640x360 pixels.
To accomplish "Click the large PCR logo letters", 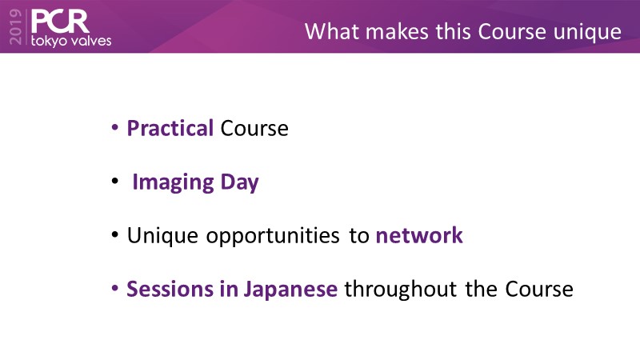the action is click(60, 22).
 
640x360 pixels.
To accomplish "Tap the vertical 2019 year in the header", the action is click(15, 27).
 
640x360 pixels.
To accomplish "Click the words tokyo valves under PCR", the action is click(71, 41).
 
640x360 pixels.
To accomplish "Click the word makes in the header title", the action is click(397, 31).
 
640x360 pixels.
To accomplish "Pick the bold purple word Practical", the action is click(170, 128).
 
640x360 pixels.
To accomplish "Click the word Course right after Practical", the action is click(254, 129).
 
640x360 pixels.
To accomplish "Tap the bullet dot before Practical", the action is click(115, 127).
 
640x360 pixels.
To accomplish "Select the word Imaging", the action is click(173, 182).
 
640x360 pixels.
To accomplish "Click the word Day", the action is click(239, 182).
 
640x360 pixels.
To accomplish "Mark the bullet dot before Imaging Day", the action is click(115, 181).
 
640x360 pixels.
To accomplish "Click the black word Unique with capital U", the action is click(162, 236).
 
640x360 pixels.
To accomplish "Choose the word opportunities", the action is click(273, 236).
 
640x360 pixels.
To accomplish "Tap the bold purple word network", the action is click(419, 235).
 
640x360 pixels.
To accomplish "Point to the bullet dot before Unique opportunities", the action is click(115, 234).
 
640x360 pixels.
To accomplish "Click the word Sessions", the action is click(170, 289).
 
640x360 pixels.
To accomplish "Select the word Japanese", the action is click(290, 290).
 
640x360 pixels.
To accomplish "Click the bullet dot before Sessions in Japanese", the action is click(115, 288).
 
